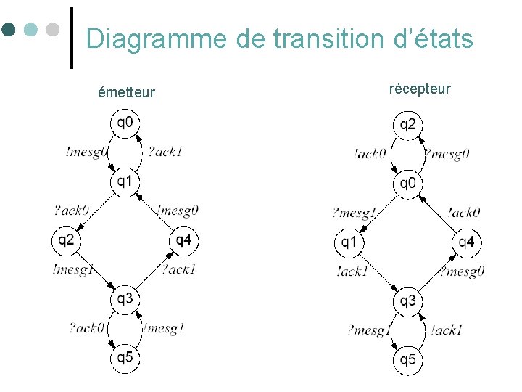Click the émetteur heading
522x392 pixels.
[x=127, y=92]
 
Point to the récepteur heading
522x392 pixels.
[x=420, y=89]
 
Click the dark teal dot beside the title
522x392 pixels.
[x=9, y=30]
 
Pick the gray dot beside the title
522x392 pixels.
[x=52, y=30]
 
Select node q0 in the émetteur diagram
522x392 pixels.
[x=125, y=122]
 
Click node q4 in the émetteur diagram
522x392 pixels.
[x=183, y=240]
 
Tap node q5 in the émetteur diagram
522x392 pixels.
[x=125, y=358]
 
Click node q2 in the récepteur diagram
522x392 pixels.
[x=408, y=125]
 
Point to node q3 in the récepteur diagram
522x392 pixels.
[x=408, y=301]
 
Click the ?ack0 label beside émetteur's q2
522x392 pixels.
[x=71, y=211]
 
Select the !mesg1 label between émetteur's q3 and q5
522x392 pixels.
[x=164, y=328]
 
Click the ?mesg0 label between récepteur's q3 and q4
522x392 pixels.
[x=462, y=272]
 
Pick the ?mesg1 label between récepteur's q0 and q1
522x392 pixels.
[x=354, y=213]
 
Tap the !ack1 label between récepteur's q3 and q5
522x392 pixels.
[x=446, y=330]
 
